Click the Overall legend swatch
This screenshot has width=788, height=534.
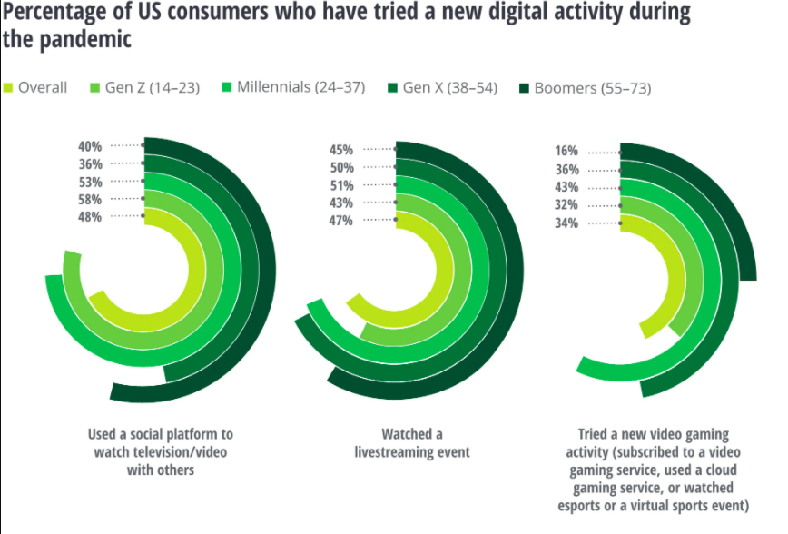[x=8, y=88]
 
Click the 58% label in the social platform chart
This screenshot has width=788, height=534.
[x=91, y=199]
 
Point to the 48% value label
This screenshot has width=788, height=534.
[x=91, y=216]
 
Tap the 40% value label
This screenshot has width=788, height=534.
[x=91, y=146]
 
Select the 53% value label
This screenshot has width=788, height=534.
[x=91, y=182]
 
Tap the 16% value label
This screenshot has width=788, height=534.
[x=566, y=152]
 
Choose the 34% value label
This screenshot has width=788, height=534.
[x=566, y=222]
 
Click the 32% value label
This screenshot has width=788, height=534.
[x=566, y=204]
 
